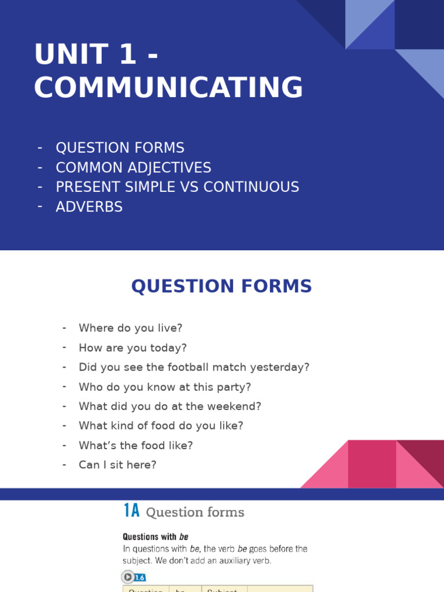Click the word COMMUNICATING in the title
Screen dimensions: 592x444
168,88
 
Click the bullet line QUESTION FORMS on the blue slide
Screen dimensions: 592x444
120,148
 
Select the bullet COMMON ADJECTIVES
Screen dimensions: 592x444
133,168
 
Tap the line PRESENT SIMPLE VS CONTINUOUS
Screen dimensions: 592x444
177,187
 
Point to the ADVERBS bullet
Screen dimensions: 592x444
89,207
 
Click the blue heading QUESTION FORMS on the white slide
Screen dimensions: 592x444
221,286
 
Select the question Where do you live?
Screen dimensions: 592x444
130,328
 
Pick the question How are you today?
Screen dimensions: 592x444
132,348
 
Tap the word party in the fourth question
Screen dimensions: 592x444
236,387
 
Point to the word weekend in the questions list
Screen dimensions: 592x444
238,406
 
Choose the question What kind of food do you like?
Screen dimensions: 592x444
161,426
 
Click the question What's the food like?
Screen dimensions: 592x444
136,446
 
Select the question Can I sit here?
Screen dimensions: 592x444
117,465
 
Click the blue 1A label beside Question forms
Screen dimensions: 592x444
132,512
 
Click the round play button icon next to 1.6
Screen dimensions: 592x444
127,577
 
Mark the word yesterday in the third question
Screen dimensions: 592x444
284,367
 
